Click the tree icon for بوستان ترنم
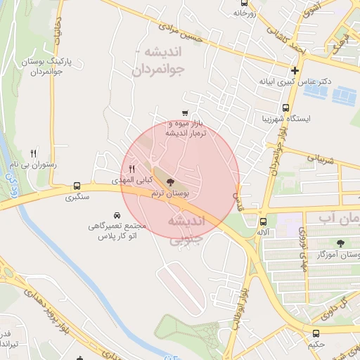click(172, 182)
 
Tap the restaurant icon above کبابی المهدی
click(131, 169)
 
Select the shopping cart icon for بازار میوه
click(184, 112)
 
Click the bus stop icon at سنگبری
click(76, 186)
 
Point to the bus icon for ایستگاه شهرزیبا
click(285, 108)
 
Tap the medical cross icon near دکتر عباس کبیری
click(294, 70)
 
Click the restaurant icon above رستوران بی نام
click(32, 153)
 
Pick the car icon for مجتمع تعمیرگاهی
click(116, 214)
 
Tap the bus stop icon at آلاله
click(264, 221)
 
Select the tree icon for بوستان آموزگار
click(340, 243)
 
